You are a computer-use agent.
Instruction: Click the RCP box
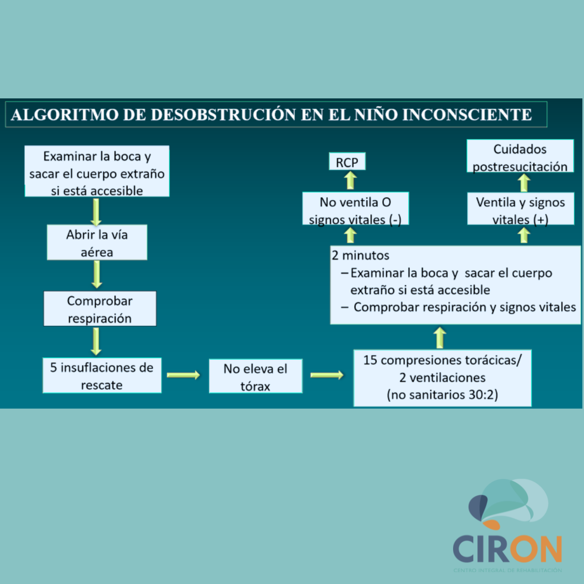coord(347,162)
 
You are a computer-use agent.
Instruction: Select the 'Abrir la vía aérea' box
coord(97,242)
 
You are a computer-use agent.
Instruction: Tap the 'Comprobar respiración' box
coord(99,309)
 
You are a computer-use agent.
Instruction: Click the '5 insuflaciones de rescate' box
coord(102,375)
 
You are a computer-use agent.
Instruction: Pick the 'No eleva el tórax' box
coord(255,376)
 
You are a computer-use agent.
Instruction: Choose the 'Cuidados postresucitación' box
coord(520,156)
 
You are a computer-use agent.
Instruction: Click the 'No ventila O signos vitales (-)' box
coord(355,209)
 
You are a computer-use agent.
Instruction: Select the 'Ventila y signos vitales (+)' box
coord(520,209)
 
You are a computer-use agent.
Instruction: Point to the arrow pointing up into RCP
coord(350,181)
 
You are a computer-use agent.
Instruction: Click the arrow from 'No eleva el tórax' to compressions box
coord(327,375)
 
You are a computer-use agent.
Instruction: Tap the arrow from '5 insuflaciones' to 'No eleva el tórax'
coord(183,375)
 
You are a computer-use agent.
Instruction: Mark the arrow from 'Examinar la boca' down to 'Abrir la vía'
coord(96,211)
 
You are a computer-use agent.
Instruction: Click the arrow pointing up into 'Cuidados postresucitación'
coord(523,183)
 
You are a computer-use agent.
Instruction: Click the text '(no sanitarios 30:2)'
coord(442,395)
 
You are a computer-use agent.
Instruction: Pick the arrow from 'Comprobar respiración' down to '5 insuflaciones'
coord(96,341)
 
